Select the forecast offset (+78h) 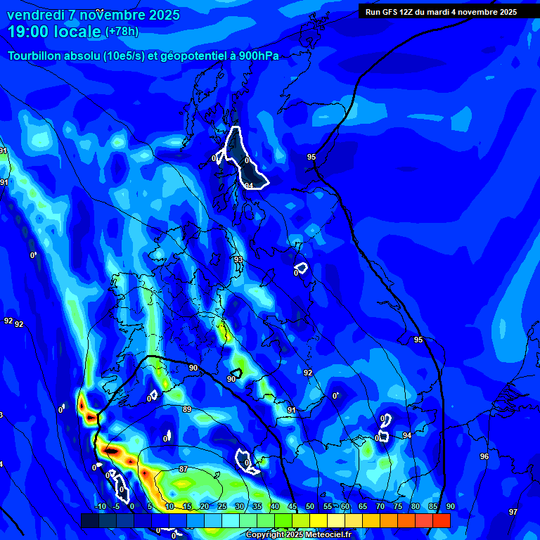122,32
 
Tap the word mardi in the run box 443,11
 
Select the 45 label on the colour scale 292,507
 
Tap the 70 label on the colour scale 380,507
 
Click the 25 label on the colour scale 222,507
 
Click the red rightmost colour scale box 441,520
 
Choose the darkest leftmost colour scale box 89,520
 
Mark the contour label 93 238,259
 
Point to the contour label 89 187,409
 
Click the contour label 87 184,469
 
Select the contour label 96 484,456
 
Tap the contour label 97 513,511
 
